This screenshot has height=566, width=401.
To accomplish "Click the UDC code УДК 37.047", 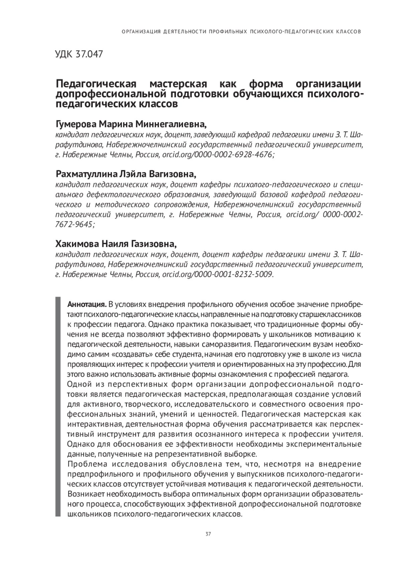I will pos(79,54).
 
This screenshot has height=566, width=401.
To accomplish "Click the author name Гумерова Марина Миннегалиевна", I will pos(131,125).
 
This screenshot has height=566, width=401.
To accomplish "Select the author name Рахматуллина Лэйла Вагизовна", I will pos(126,174).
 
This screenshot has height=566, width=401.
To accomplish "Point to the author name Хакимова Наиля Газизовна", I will pos(116,243).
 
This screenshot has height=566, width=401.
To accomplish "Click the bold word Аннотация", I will pos(87,305).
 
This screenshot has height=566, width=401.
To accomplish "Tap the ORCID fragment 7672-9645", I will pos(74,224).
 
